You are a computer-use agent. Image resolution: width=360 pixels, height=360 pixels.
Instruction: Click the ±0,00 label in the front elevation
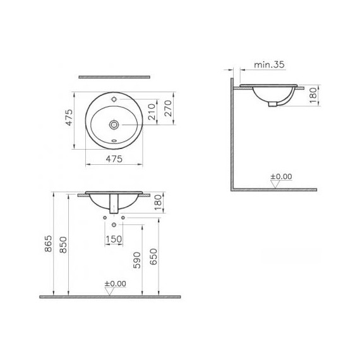[x=116, y=284]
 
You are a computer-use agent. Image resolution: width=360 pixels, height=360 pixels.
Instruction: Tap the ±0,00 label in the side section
[x=282, y=176]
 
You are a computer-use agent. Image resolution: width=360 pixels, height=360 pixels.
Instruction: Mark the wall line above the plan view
[x=115, y=77]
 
